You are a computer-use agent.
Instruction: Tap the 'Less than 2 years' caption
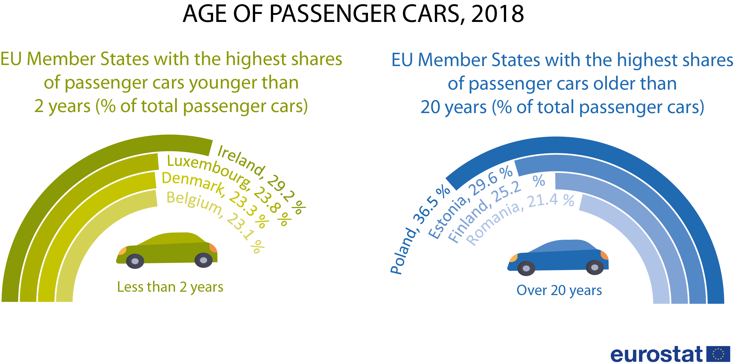[x=170, y=287]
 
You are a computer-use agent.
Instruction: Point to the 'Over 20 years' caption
[x=559, y=290]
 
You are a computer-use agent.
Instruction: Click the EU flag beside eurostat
[x=718, y=354]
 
